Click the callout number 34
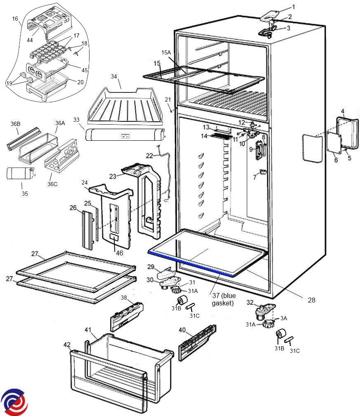(114, 76)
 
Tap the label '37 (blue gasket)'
(223, 299)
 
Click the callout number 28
(312, 300)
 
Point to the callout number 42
(67, 344)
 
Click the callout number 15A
(166, 53)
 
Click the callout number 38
(124, 298)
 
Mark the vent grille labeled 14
(221, 136)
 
